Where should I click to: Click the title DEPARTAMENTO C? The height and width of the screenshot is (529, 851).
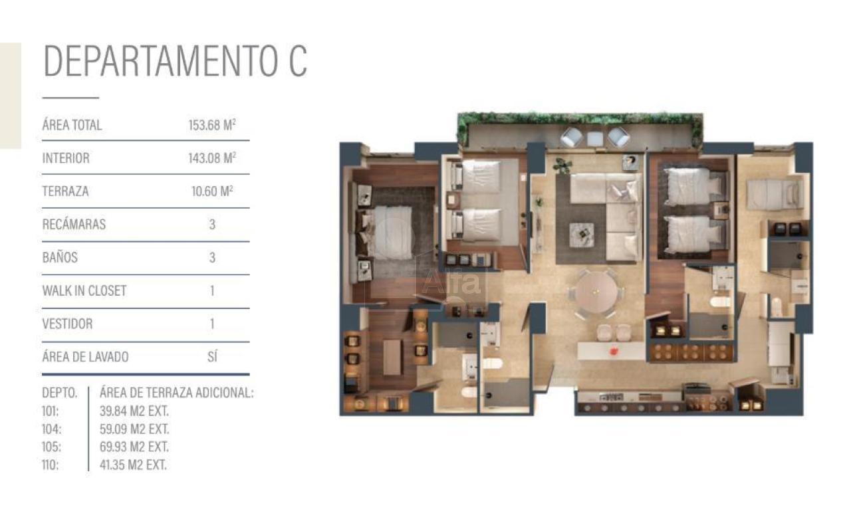[x=175, y=60]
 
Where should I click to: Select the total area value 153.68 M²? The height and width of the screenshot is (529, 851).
[x=212, y=125]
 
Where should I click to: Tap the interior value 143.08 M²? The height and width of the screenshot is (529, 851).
[x=212, y=158]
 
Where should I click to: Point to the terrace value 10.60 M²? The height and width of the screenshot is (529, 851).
[x=212, y=191]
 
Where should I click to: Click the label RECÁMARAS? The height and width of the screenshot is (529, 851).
[x=74, y=224]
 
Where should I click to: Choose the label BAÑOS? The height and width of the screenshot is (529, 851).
[x=60, y=257]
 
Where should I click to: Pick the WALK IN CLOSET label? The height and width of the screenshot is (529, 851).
[x=84, y=291]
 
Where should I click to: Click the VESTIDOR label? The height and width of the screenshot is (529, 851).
[x=67, y=324]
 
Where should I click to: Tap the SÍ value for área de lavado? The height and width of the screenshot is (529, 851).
[x=212, y=357]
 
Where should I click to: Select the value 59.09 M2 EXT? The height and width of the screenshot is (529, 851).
[x=134, y=429]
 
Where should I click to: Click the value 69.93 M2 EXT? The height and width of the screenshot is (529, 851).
[x=134, y=447]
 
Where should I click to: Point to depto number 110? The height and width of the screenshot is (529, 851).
[x=50, y=465]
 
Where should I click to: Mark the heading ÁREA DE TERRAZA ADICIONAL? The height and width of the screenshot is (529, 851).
[x=176, y=393]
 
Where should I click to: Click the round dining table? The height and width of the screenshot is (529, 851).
[x=596, y=292]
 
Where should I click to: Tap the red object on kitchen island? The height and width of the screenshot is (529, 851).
[x=613, y=352]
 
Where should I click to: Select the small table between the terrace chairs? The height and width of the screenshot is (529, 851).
[x=595, y=138]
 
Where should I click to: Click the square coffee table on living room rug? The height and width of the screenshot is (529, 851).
[x=582, y=235]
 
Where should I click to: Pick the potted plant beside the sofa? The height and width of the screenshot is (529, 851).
[x=562, y=165]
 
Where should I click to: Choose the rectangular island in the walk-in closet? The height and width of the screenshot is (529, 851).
[x=392, y=358]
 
